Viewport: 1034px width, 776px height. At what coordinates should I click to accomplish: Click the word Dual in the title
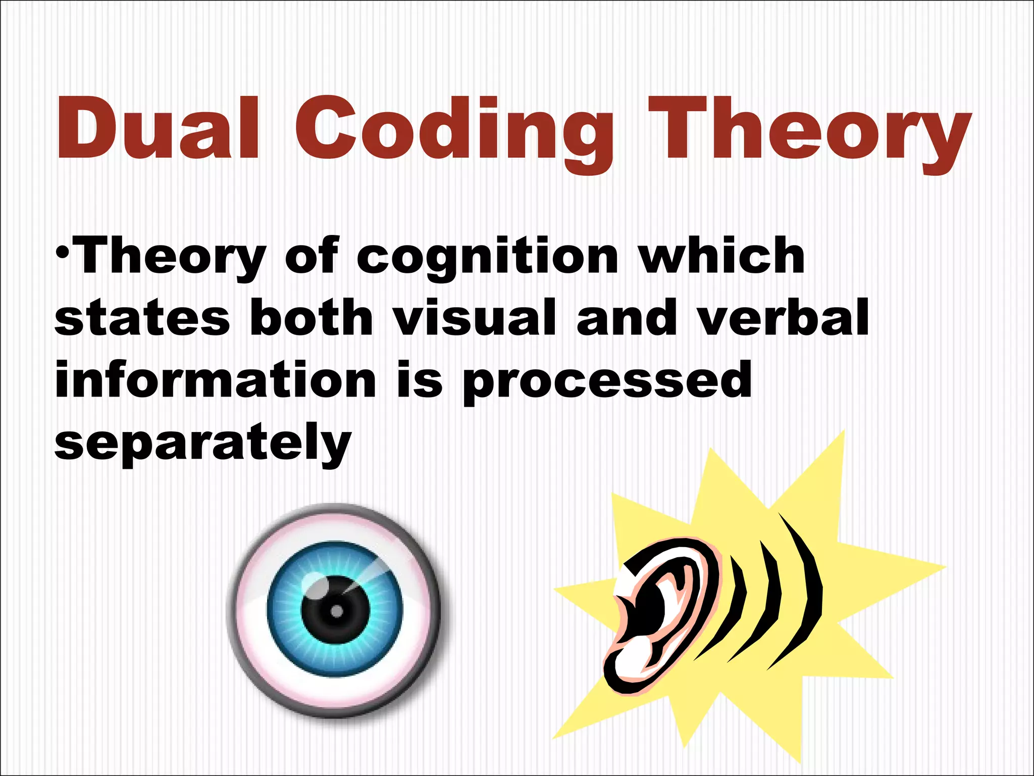click(157, 129)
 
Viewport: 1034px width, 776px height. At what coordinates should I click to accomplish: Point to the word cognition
click(487, 259)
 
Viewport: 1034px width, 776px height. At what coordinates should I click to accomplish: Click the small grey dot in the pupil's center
click(337, 612)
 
